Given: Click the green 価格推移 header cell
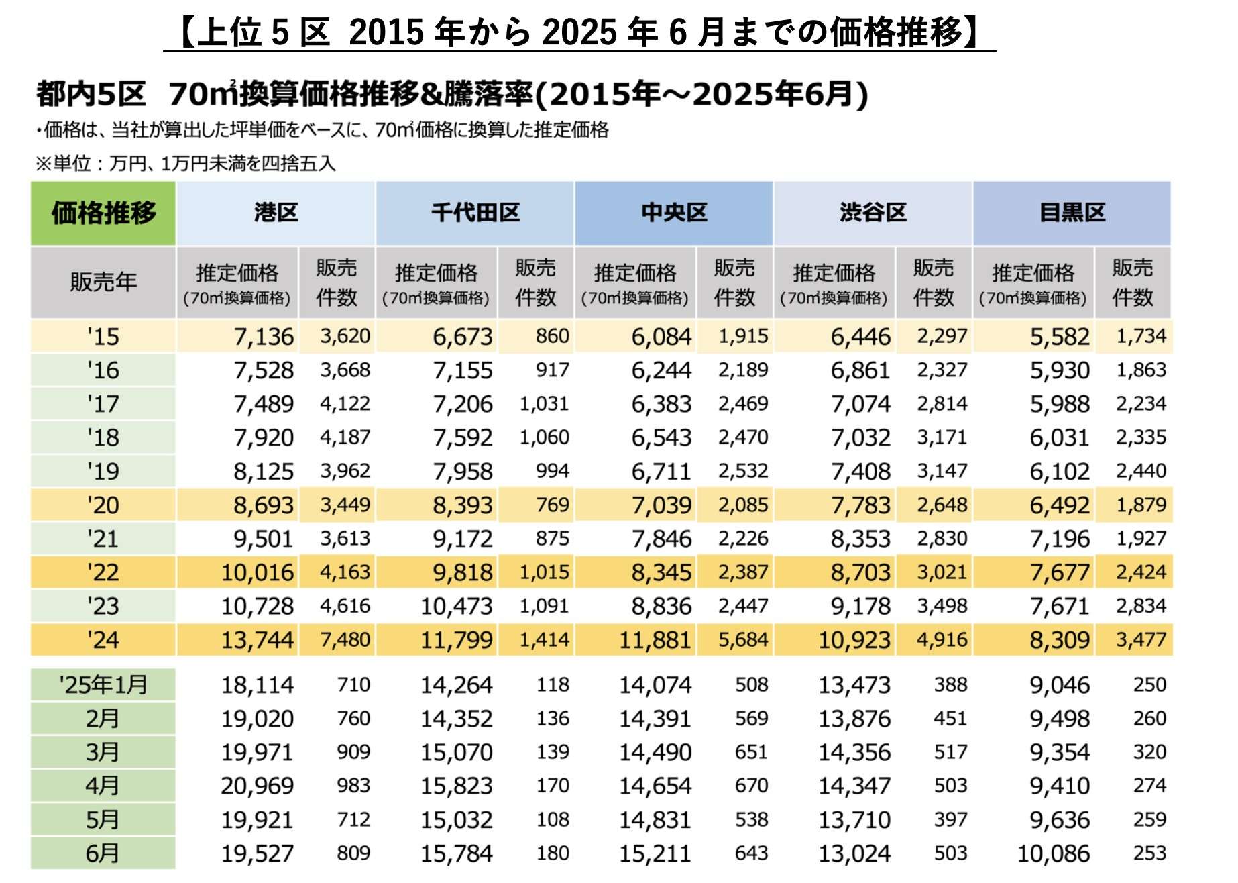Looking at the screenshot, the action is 103,213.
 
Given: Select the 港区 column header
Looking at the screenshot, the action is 276,213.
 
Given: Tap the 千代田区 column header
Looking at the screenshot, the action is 475,213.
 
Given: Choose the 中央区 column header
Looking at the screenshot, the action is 674,213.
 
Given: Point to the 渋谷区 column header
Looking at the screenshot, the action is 873,213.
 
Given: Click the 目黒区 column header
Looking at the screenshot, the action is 1072,213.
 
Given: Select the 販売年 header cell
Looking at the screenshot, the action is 103,282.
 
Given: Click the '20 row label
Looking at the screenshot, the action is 103,505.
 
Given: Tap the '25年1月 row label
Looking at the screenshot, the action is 103,685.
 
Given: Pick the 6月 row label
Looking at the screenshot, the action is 103,853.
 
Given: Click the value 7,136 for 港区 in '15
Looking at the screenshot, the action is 264,336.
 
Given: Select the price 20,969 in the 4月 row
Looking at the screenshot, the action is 258,786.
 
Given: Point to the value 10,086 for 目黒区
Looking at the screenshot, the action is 1054,853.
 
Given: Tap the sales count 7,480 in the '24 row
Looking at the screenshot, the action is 345,639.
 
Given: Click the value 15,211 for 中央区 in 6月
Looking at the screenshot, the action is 655,853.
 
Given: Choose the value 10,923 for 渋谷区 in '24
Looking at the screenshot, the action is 854,639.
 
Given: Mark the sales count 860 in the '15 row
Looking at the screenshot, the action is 553,336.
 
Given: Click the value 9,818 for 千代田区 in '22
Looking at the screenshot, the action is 463,572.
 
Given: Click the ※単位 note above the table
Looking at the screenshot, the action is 185,163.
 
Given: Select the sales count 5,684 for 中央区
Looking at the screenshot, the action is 743,639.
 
